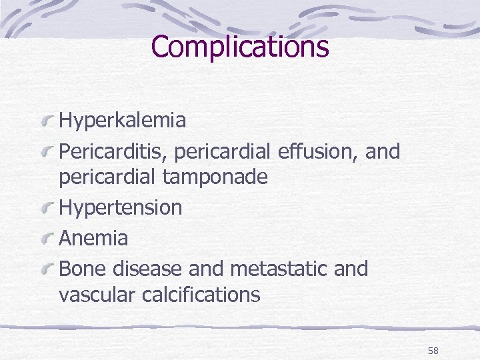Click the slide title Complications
(x=240, y=47)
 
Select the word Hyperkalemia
(x=122, y=121)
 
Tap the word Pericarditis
(x=113, y=152)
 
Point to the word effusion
(x=313, y=151)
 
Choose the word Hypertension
(x=120, y=207)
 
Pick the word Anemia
(x=93, y=238)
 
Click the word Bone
(x=83, y=269)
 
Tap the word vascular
(x=98, y=294)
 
